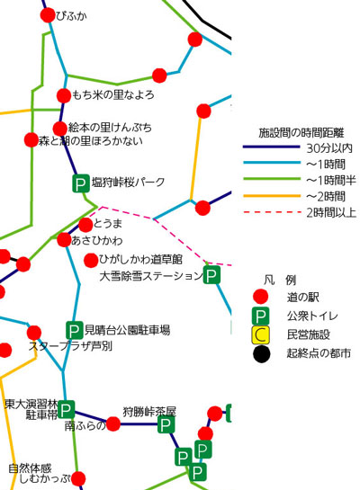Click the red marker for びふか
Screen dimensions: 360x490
tap(48, 15)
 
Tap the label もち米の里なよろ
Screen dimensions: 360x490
tap(112, 94)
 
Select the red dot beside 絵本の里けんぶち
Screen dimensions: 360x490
tap(60, 129)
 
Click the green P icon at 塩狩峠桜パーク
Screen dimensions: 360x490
tap(81, 183)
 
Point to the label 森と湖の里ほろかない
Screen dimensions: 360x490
tap(90, 141)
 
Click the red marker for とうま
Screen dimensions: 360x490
tap(85, 225)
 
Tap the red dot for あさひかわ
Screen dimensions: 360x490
tap(64, 240)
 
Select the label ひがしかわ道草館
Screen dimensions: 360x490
tap(140, 259)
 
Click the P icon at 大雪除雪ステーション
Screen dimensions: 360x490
tap(211, 275)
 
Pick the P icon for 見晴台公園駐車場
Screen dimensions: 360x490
tap(74, 330)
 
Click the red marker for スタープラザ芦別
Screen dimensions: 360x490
tap(34, 333)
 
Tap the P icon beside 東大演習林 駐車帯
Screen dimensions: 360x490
tap(66, 409)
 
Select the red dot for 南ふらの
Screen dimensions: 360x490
tap(113, 424)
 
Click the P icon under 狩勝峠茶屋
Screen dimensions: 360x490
tap(166, 424)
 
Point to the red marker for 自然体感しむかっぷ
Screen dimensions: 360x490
tap(78, 478)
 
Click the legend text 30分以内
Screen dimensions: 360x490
tap(329, 148)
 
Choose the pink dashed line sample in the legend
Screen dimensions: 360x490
tap(272, 212)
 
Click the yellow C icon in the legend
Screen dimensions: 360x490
tap(260, 335)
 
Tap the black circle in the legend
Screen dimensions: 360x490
tap(262, 354)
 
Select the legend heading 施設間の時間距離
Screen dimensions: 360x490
tap(301, 133)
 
